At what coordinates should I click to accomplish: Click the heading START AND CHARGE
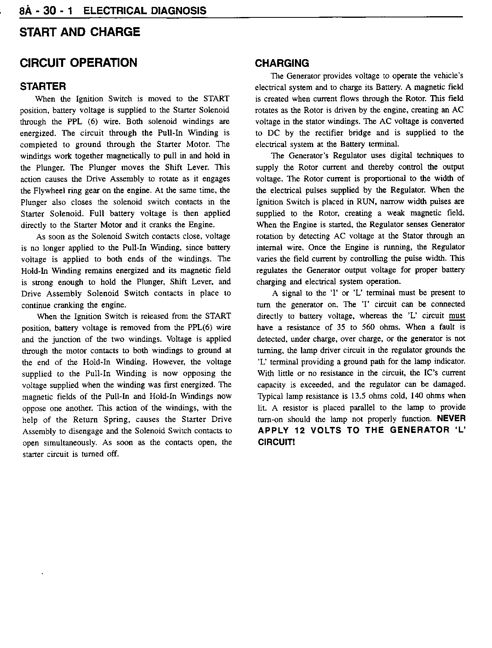pyautogui.click(x=80, y=32)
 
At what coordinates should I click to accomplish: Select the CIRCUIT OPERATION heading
pyautogui.click(x=78, y=63)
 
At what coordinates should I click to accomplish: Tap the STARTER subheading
pyautogui.click(x=43, y=86)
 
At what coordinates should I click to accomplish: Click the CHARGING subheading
pyautogui.click(x=282, y=63)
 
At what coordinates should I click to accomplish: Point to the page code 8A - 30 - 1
pyautogui.click(x=45, y=11)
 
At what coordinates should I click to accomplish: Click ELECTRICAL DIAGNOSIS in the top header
pyautogui.click(x=144, y=11)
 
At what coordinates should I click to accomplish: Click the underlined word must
pyautogui.click(x=457, y=316)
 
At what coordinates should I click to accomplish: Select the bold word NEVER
pyautogui.click(x=452, y=419)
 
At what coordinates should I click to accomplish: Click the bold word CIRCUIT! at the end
pyautogui.click(x=276, y=442)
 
